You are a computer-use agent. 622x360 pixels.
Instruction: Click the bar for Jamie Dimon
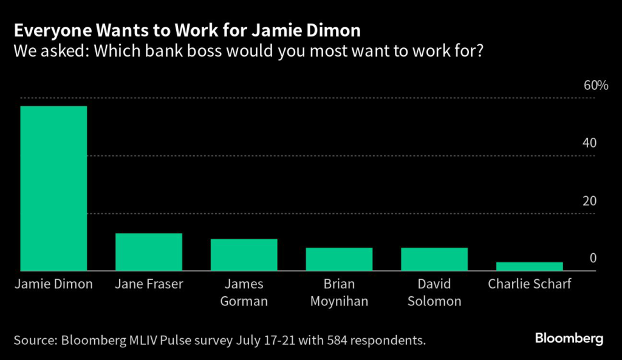53,188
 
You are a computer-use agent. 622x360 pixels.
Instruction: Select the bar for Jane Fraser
149,252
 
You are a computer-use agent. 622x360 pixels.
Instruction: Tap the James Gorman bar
244,255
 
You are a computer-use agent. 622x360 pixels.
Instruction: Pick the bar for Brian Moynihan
339,259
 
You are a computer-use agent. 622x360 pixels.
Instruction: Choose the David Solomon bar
434,259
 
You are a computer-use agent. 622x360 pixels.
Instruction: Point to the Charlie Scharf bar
529,267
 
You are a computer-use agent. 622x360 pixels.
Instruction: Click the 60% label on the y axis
595,85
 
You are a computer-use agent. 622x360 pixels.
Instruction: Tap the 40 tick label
589,143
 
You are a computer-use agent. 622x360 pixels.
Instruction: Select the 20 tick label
589,201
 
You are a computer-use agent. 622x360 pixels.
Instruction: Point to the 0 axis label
593,259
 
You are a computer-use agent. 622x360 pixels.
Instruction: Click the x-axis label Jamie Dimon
53,284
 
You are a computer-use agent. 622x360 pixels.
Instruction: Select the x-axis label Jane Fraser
149,284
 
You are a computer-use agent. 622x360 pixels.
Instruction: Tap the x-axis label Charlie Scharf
529,284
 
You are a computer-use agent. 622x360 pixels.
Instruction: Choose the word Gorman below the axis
244,301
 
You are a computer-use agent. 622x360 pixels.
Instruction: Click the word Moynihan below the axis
339,301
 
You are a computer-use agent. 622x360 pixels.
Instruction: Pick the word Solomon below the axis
434,301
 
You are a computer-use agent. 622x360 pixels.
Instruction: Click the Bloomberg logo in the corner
569,338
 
